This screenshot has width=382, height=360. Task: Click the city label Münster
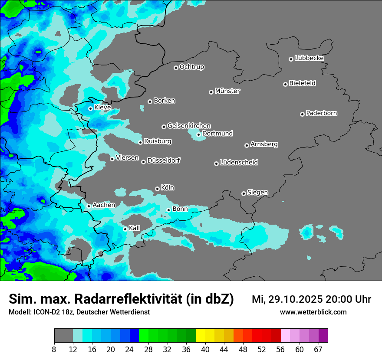point(227,91)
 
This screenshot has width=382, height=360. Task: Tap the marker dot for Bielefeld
point(285,84)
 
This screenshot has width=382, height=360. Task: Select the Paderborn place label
point(322,113)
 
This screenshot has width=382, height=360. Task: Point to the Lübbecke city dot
point(291,59)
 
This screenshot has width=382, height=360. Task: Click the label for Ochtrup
point(192,67)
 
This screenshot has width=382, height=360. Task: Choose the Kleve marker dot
point(90,108)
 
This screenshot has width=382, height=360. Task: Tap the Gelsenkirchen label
point(189,126)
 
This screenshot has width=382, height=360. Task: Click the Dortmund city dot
point(198,134)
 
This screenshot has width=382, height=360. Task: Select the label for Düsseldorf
point(164,160)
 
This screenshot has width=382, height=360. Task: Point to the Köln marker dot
point(157,189)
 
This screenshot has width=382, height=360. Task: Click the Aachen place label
point(104,205)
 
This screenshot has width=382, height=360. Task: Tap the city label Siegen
point(257,193)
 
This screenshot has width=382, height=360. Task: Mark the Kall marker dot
point(125,229)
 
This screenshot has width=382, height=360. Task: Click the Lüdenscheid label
point(239,163)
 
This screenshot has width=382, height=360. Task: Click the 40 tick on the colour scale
point(205,349)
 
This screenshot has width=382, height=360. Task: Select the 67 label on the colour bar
point(318,349)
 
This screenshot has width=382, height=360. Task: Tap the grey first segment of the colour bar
point(63,336)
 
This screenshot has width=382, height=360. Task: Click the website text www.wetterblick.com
point(313,312)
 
